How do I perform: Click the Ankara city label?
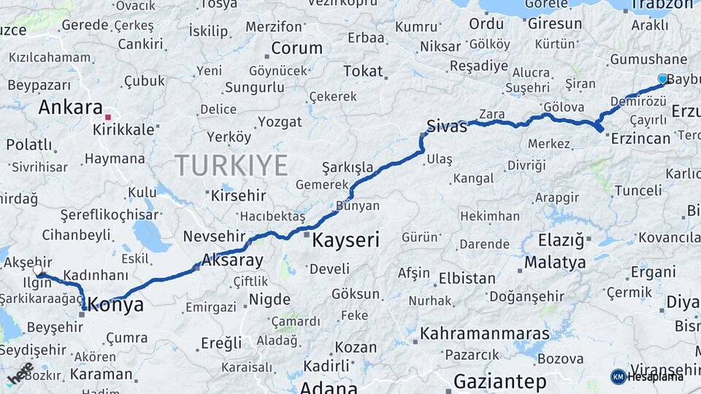[70, 108]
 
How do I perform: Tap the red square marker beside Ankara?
[108, 117]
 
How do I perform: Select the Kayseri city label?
[345, 240]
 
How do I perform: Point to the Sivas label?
[446, 126]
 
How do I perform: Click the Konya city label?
[116, 306]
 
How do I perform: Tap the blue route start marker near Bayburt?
[662, 79]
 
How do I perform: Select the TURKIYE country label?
[231, 166]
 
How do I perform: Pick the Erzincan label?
[640, 139]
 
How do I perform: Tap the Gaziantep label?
[499, 381]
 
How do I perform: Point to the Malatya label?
[555, 262]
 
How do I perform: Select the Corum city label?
[296, 49]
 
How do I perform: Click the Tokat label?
[363, 72]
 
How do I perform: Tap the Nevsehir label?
[212, 236]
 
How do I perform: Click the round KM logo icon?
[618, 376]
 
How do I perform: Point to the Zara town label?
[492, 114]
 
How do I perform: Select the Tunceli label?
[637, 190]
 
